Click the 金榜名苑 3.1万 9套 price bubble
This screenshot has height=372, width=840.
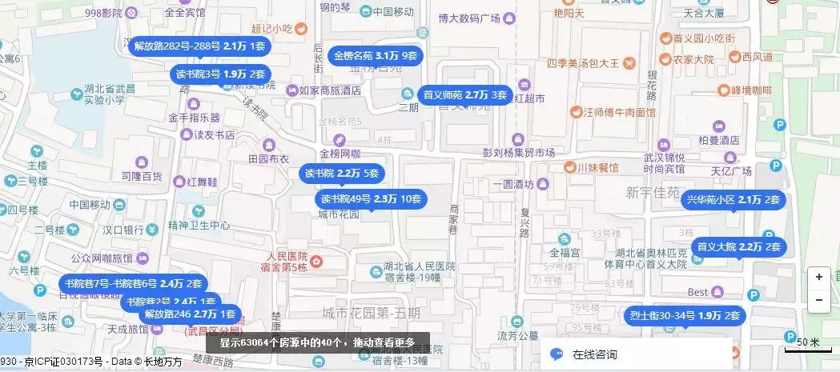376,56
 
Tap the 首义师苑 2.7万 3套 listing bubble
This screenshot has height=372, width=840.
465,95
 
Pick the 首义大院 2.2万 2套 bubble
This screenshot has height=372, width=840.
738,246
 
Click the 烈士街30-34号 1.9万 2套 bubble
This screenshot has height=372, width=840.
685,315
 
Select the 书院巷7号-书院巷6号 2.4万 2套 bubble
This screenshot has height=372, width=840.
133,282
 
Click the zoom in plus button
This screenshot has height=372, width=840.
818,277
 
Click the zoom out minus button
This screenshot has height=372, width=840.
818,300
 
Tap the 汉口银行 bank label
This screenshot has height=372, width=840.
128,230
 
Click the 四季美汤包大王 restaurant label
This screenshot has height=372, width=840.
584,62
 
